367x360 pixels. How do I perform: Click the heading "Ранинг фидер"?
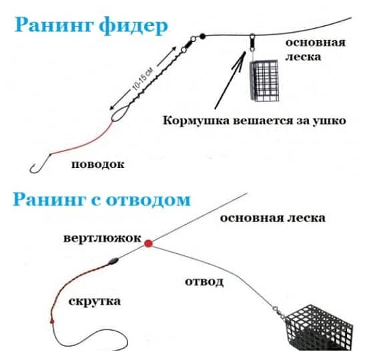91,26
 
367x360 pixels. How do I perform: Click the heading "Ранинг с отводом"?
102,199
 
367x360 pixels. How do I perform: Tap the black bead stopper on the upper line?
202,36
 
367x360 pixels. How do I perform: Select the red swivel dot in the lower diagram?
148,243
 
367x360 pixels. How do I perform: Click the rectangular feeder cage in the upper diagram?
264,81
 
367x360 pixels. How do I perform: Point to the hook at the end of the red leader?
39,165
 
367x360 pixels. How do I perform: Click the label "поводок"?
97,165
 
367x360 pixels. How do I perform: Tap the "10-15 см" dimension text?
143,79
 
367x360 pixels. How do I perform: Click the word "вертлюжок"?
102,239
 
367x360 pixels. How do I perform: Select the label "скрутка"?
95,301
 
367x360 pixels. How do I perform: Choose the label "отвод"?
204,281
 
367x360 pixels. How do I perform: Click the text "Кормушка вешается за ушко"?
254,121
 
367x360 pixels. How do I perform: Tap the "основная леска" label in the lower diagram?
273,218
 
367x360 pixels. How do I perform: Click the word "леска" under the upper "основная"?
303,57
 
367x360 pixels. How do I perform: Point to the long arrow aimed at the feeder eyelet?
230,80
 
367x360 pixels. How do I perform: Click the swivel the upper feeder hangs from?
252,43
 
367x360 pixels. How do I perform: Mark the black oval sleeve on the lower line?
113,261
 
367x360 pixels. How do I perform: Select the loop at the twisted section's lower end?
120,113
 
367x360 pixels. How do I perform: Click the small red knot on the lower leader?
52,321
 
